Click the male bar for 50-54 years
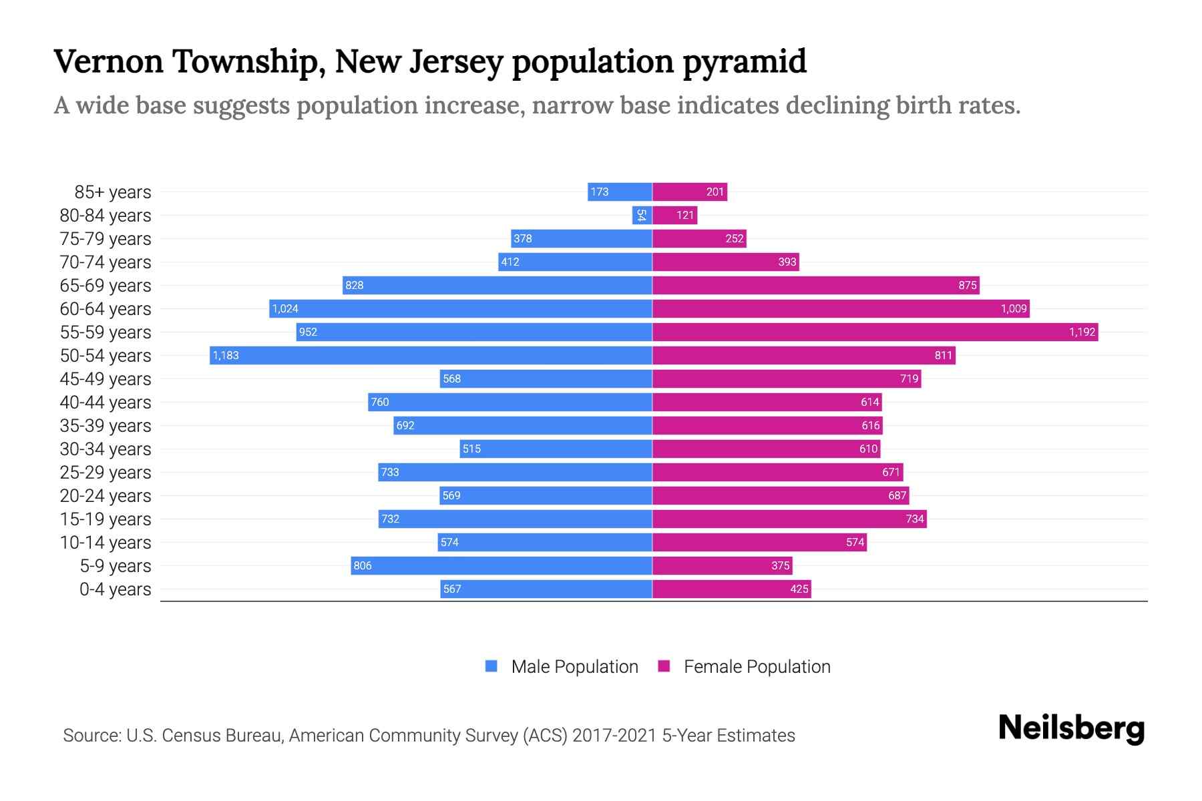431,355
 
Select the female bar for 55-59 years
875,332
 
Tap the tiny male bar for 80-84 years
642,215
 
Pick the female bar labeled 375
722,565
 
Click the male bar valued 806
502,565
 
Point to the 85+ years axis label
112,192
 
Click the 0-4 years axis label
115,589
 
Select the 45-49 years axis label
106,379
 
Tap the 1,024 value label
285,308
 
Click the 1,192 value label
1082,332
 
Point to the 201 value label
715,192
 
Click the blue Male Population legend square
491,666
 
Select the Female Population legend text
757,666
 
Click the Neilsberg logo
1071,728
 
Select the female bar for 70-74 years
725,262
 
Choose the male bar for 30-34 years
556,449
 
